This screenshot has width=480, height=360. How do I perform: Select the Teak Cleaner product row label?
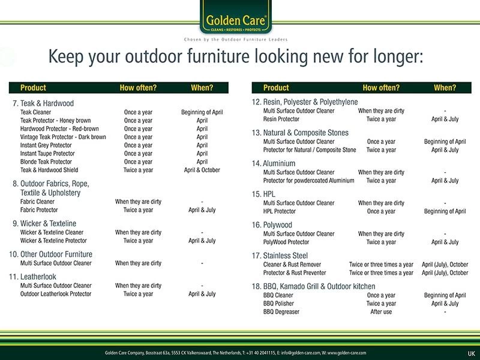35,112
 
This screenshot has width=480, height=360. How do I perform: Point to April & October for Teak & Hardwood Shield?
202,170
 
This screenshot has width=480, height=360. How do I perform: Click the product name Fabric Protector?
41,211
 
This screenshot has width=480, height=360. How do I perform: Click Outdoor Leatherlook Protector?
56,294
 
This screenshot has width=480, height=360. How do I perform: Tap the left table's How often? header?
138,88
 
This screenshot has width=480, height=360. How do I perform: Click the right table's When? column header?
445,88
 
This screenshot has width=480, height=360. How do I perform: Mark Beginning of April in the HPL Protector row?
445,211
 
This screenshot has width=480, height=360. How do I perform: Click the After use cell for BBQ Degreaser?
381,312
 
